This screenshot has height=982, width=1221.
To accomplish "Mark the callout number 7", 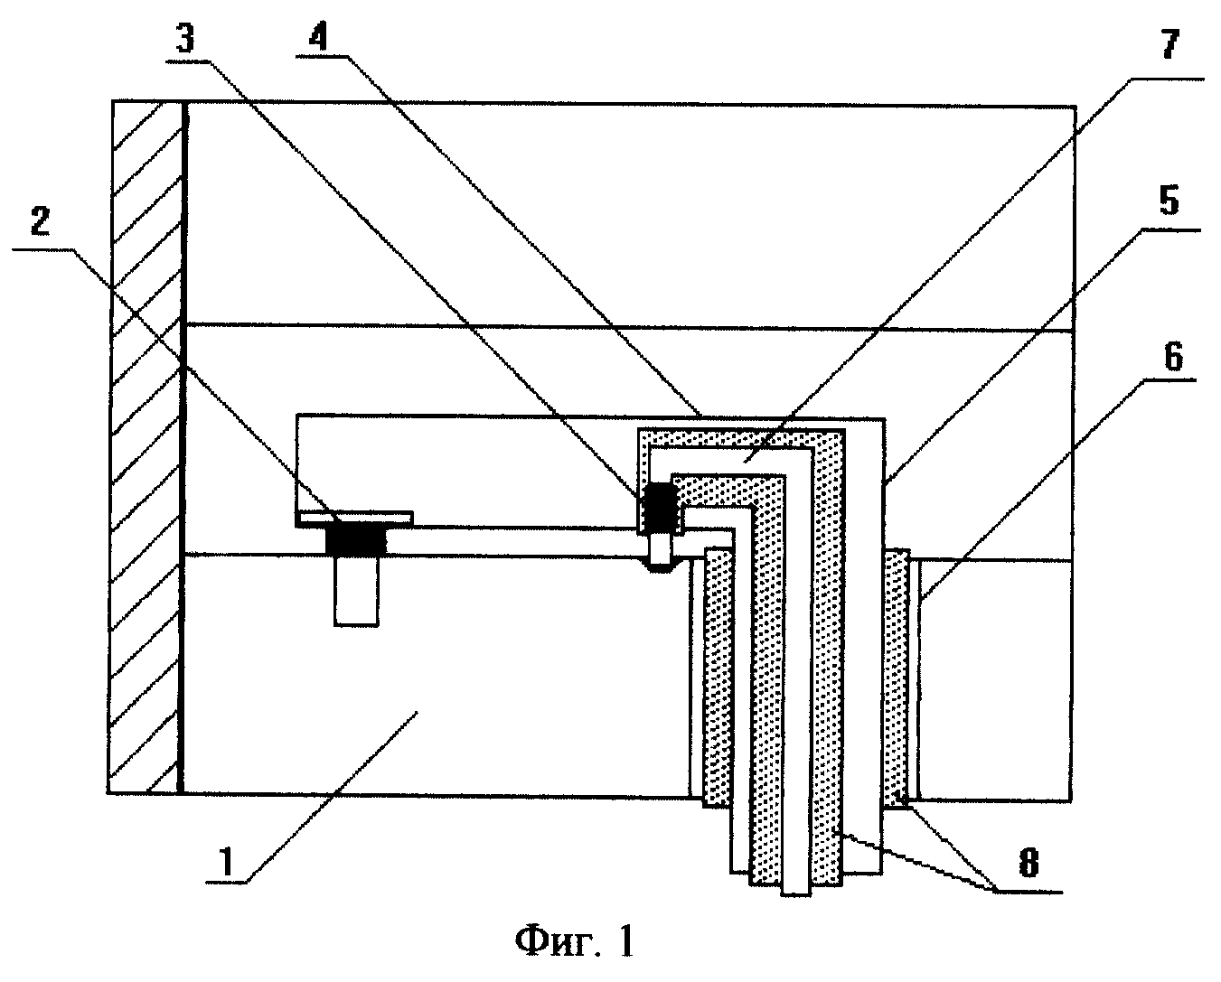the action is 1169,43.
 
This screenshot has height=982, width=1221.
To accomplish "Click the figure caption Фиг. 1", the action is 574,942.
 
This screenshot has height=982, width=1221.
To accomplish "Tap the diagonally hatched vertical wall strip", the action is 146,446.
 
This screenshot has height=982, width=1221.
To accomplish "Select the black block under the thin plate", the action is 356,540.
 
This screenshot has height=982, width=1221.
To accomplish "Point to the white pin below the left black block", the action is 356,591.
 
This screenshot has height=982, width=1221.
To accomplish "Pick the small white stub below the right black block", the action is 662,549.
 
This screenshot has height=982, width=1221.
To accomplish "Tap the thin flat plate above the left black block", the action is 354,519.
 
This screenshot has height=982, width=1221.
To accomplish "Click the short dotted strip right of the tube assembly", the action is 897,678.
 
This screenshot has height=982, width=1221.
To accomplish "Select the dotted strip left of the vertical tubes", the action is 718,678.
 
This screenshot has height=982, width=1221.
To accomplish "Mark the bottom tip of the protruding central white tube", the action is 796,896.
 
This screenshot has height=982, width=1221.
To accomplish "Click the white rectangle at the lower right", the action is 995,680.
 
